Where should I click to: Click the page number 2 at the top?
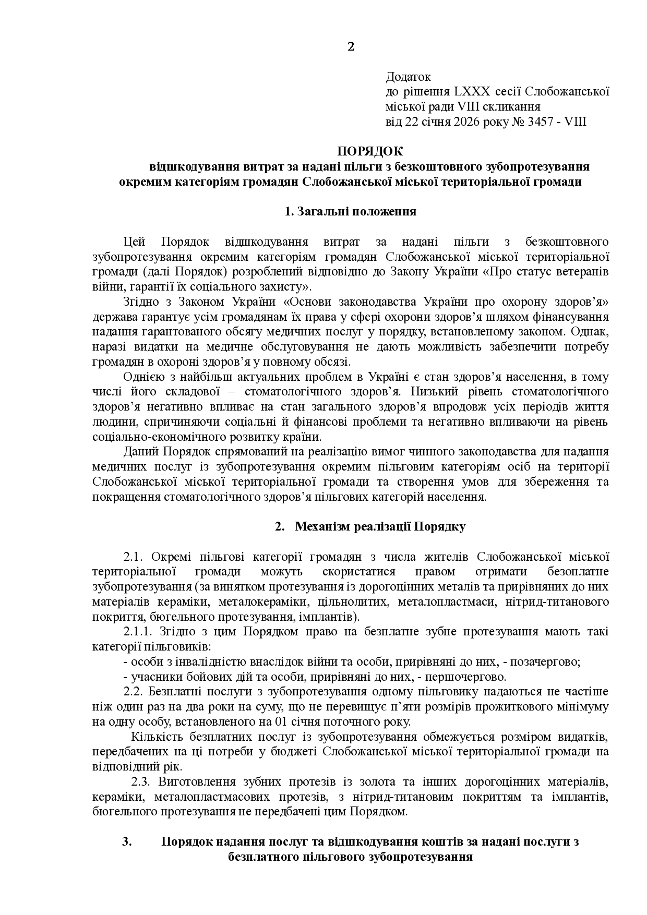tap(351, 47)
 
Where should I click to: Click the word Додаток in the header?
tap(408, 77)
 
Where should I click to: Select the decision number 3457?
tap(547, 122)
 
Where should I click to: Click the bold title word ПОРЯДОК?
tap(370, 152)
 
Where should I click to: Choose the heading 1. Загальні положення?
tap(350, 212)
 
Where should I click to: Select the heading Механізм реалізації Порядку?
tap(380, 526)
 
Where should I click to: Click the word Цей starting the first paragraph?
tap(134, 242)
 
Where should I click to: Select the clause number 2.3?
tap(141, 782)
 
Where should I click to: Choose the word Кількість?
tap(155, 738)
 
